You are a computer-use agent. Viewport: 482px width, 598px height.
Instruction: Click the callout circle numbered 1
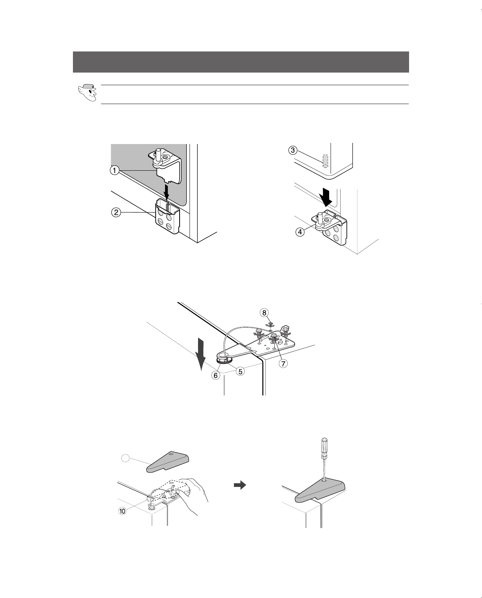click(114, 170)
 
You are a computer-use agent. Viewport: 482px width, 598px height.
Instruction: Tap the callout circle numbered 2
click(116, 213)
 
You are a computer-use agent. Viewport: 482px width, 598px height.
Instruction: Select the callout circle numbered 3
click(292, 150)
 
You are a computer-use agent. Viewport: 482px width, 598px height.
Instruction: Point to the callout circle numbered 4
click(300, 232)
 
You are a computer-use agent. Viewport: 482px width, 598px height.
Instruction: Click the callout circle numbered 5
click(240, 371)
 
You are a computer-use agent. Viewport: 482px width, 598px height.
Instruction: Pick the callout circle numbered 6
click(216, 375)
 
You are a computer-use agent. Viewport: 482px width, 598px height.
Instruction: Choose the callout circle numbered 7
click(283, 364)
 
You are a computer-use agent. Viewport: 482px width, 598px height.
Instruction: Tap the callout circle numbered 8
click(264, 313)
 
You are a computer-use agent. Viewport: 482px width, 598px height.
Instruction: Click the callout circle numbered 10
click(122, 511)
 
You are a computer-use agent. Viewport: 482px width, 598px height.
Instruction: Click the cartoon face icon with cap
click(87, 93)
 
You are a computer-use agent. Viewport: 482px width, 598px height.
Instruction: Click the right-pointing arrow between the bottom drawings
click(240, 485)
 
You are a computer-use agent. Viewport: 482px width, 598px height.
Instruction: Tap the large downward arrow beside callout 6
click(200, 354)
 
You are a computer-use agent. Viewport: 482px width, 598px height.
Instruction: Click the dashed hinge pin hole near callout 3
click(325, 161)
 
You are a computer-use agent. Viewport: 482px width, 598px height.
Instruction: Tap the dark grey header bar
click(241, 62)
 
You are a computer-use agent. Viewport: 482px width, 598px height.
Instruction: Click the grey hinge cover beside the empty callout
click(168, 462)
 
